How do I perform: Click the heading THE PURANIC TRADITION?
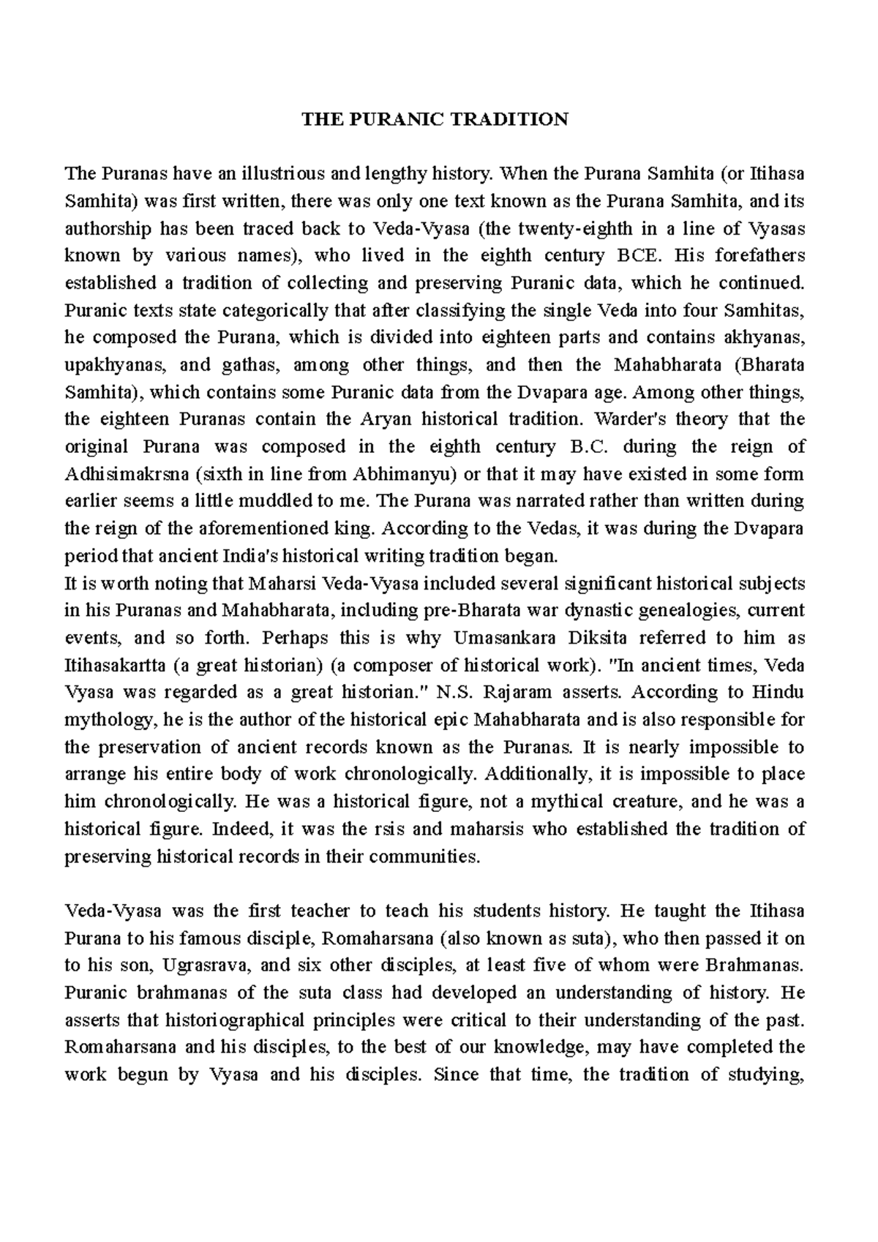tap(436, 119)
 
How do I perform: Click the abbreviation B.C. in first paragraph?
tap(589, 447)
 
